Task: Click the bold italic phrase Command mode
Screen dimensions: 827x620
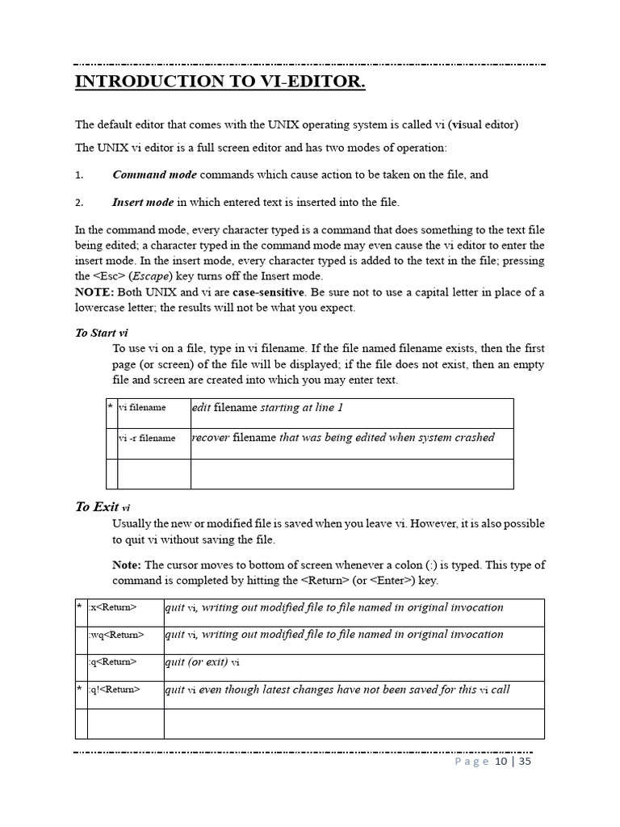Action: [154, 174]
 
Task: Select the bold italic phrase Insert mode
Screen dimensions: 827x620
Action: [143, 202]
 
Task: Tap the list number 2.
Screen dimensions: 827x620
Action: [79, 203]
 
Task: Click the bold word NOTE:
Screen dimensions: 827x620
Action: [94, 292]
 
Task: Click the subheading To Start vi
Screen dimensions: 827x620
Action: [102, 333]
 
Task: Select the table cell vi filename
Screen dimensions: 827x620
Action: [142, 408]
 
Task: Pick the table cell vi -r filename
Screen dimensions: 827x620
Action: [147, 439]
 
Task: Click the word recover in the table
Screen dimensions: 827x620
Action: [211, 438]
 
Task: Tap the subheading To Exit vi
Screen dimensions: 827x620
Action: [103, 507]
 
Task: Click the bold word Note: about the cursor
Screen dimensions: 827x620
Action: [127, 565]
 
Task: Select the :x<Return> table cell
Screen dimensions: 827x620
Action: [113, 608]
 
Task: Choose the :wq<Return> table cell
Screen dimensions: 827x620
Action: [117, 636]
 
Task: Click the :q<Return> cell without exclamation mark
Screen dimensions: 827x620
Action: [114, 662]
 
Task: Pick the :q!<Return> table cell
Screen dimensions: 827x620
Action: [115, 690]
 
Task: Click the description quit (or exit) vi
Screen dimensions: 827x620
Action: [203, 662]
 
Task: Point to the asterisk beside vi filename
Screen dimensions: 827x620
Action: [111, 407]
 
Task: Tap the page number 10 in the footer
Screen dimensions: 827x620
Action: [501, 762]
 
